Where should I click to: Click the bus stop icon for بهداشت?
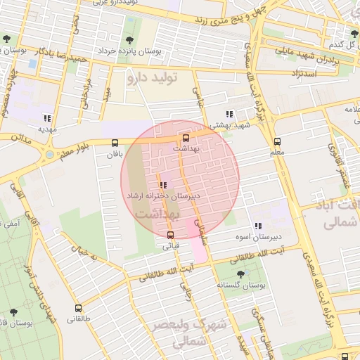(x=186, y=139)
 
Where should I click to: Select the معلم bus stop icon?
(x=277, y=141)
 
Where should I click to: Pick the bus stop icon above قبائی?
(x=170, y=236)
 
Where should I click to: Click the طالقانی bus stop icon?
(x=78, y=308)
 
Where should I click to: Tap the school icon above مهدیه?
(x=47, y=118)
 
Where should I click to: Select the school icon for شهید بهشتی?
(x=229, y=113)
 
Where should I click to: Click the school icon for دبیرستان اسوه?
(x=258, y=226)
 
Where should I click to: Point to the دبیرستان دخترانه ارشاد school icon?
(x=163, y=185)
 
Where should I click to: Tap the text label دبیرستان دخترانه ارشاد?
(x=163, y=196)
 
